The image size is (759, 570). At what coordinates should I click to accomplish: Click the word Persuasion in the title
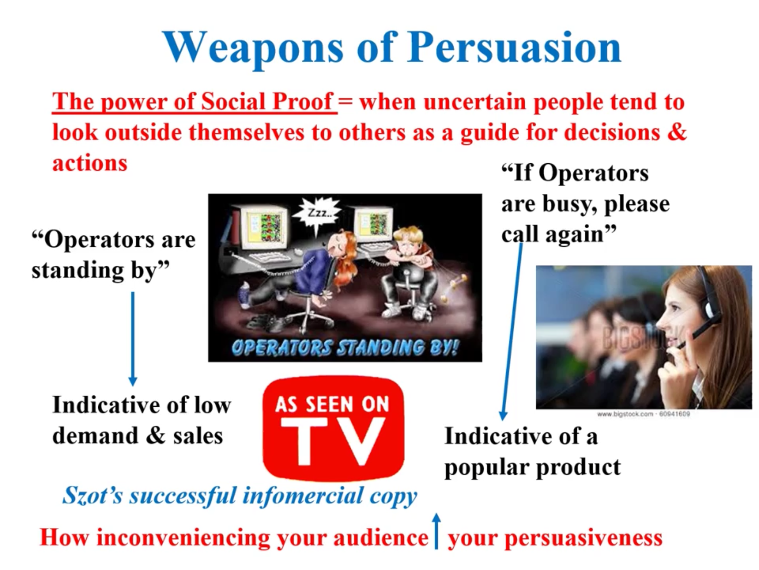click(x=514, y=47)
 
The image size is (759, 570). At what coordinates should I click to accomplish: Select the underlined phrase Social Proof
click(x=267, y=101)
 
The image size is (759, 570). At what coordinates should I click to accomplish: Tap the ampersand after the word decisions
click(x=677, y=132)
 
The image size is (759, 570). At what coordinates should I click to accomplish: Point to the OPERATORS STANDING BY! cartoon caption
click(x=345, y=348)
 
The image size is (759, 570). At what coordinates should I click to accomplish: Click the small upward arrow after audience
click(x=437, y=531)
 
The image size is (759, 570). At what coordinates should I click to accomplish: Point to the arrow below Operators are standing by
click(x=133, y=339)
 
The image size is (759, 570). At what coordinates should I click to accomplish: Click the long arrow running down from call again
click(x=512, y=330)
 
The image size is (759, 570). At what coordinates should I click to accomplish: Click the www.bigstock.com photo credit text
click(x=643, y=414)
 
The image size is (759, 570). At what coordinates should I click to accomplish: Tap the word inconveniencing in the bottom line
click(x=183, y=538)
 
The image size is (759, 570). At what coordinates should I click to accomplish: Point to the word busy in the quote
click(x=569, y=204)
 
